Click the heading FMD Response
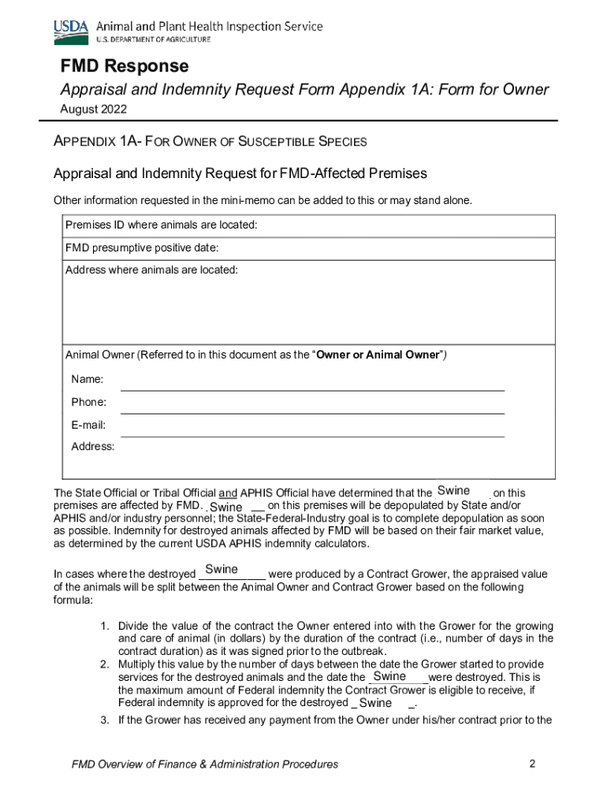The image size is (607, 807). [125, 65]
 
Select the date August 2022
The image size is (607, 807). [93, 110]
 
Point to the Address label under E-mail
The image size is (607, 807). [92, 447]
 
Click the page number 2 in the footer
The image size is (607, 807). [533, 764]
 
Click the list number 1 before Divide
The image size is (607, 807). [104, 627]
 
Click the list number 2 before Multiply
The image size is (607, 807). [104, 664]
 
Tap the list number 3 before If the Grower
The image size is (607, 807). [104, 720]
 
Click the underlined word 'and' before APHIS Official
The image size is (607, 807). [228, 493]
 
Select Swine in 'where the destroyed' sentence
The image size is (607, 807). [222, 569]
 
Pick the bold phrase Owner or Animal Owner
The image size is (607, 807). [377, 355]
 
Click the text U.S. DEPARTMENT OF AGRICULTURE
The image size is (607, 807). [142, 39]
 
